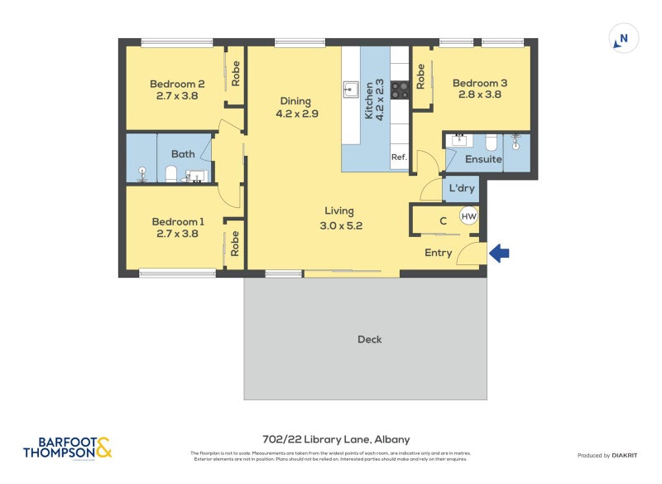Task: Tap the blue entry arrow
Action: (499, 253)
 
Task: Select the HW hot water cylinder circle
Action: (468, 217)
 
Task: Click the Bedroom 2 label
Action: (177, 84)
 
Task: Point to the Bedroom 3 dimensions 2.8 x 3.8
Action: (480, 94)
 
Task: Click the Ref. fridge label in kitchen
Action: (399, 157)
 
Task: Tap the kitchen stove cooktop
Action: (401, 89)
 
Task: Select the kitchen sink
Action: (351, 88)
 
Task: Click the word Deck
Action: (370, 339)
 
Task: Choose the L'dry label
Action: (461, 189)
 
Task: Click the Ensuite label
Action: (483, 159)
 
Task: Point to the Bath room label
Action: (183, 154)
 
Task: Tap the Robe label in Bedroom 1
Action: (235, 243)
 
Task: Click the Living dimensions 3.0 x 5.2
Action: (343, 225)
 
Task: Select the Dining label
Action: (295, 102)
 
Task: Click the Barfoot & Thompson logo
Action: (67, 448)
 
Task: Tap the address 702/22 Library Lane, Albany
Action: (330, 440)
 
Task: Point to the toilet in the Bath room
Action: (171, 173)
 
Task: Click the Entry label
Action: (438, 253)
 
